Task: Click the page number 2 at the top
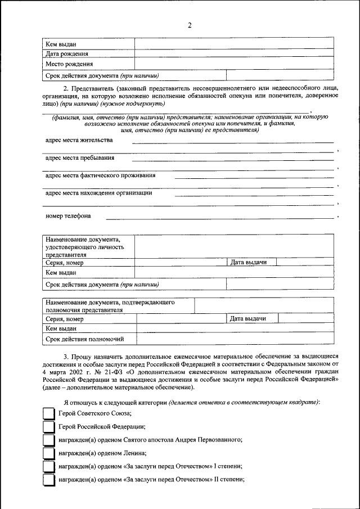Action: click(x=190, y=25)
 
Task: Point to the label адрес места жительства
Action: click(x=79, y=140)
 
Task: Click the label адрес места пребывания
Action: click(x=80, y=157)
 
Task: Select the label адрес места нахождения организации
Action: click(x=98, y=193)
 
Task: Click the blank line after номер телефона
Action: click(x=219, y=218)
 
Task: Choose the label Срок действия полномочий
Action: click(x=84, y=339)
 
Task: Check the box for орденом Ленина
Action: click(x=49, y=453)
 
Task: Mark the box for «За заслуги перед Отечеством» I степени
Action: click(x=49, y=467)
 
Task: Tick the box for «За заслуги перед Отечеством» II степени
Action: click(x=49, y=480)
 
